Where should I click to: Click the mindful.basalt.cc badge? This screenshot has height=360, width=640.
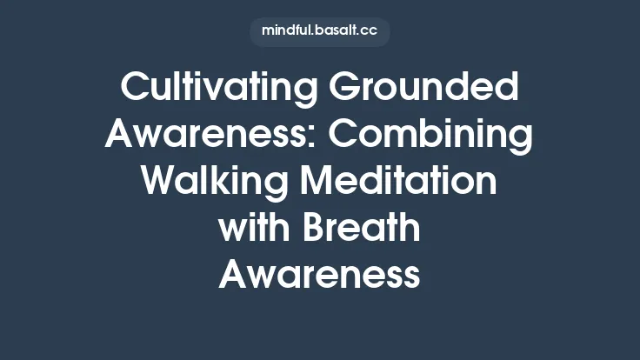pyautogui.click(x=319, y=31)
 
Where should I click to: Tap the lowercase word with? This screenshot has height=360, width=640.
pyautogui.click(x=252, y=230)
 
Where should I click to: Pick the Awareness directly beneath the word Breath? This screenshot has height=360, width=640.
pyautogui.click(x=319, y=277)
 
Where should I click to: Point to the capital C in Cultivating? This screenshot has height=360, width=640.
pyautogui.click(x=133, y=89)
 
